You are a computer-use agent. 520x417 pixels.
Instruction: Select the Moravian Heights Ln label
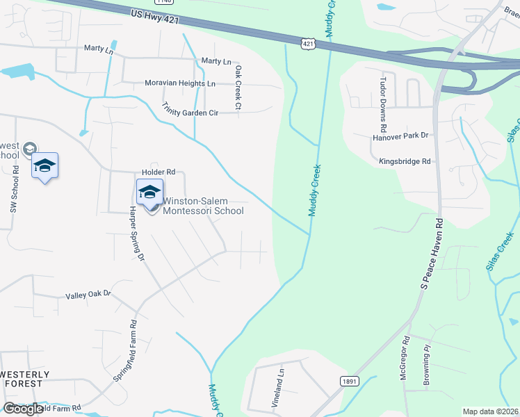point(180,83)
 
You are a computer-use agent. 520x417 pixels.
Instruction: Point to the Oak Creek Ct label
point(237,88)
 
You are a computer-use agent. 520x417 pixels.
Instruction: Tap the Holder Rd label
point(159,171)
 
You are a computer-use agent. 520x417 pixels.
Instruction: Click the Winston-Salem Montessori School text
point(203,206)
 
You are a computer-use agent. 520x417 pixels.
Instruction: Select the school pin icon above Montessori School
point(149,192)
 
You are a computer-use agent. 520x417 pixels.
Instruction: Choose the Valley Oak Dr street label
point(88,294)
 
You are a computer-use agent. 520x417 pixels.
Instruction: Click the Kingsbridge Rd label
point(405,161)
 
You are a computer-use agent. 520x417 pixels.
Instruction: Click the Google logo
point(24,409)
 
